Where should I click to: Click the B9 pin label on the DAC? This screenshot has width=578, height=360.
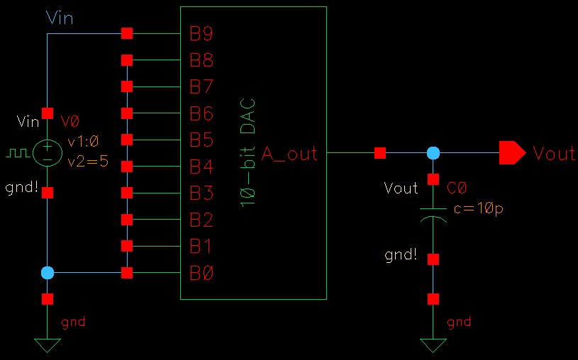coord(201,33)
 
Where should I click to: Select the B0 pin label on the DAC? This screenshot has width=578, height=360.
coord(201,273)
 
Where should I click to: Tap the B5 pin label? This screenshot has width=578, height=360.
coord(201,140)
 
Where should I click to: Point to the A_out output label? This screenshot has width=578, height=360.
coord(289,153)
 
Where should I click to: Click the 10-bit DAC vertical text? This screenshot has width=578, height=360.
coord(248,153)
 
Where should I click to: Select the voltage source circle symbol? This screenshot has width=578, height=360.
coord(48,152)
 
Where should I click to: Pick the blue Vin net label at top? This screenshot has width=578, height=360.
coord(60,18)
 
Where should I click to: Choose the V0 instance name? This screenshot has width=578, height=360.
coord(70,122)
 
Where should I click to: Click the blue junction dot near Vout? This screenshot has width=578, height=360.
coord(433,152)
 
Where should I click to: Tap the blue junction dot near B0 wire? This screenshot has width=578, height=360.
coord(48,273)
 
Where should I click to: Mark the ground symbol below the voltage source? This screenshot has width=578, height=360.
coord(48,346)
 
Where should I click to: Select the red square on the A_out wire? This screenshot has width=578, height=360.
coord(380,152)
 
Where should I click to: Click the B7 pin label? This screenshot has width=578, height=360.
coord(201,86)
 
